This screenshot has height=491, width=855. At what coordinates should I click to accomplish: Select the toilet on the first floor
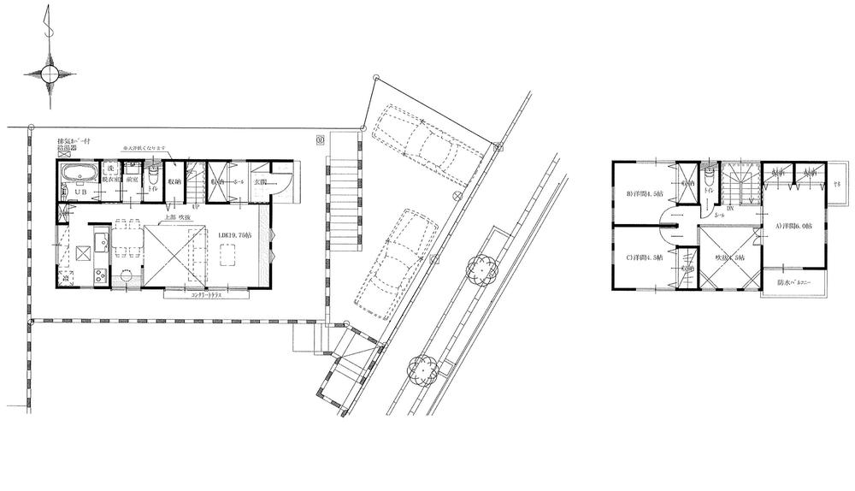pyautogui.click(x=153, y=177)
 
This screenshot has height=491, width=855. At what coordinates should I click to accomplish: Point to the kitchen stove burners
pyautogui.click(x=98, y=275)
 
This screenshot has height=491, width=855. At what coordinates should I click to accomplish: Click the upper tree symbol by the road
pyautogui.click(x=481, y=270)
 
